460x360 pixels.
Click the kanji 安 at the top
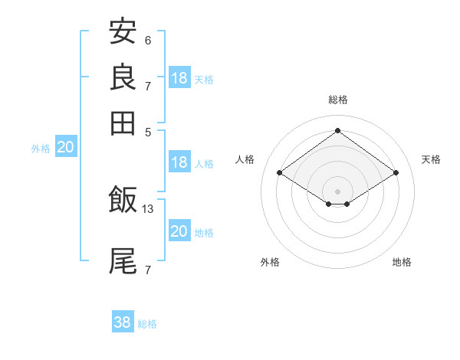(123, 32)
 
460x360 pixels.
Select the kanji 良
(123, 77)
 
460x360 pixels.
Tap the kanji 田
(123, 123)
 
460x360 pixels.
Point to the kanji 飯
(123, 201)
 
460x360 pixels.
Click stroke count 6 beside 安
(147, 40)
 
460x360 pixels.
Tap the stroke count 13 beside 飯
(148, 208)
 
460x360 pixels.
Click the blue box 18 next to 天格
(179, 78)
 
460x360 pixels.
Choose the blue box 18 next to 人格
(179, 162)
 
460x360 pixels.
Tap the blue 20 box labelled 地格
(179, 231)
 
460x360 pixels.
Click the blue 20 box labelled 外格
(65, 148)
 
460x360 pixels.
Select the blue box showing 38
(123, 322)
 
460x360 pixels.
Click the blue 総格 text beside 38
(147, 324)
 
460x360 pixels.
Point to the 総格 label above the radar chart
(337, 100)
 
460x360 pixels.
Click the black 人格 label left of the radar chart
(245, 159)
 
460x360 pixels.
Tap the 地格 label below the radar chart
(402, 262)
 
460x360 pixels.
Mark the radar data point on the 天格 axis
(396, 173)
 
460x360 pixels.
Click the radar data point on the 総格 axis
(337, 131)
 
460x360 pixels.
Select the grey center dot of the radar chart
(337, 191)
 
